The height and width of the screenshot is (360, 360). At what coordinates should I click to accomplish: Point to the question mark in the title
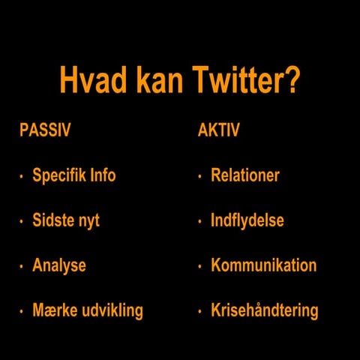point(292,82)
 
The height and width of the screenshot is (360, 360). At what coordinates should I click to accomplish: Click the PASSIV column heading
point(45,130)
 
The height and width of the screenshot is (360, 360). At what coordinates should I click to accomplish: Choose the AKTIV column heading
point(218,130)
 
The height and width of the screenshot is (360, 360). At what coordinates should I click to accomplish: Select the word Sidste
point(53,221)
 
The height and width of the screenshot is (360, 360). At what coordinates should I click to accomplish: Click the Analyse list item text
point(59,265)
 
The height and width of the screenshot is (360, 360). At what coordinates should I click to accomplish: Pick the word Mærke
point(55,310)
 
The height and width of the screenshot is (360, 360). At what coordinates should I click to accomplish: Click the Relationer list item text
point(245,176)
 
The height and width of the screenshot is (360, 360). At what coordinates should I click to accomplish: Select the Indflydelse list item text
point(247,221)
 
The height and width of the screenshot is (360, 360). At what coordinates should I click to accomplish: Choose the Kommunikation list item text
point(264,265)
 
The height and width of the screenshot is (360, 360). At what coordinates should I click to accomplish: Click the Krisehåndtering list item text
point(265,310)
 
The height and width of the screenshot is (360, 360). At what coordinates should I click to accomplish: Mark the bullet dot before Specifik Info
point(21,178)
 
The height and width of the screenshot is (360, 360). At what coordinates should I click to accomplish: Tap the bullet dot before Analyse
point(21,267)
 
